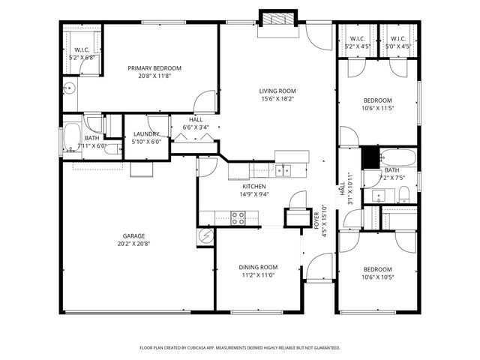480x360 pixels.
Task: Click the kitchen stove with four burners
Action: point(239,218)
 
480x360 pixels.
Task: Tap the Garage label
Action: point(133,235)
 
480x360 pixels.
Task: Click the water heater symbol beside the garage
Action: point(206,237)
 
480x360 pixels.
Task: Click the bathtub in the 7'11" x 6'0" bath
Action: point(72,137)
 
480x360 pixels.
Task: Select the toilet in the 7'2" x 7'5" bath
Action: point(403,196)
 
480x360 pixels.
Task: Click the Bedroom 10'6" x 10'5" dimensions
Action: point(377,277)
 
